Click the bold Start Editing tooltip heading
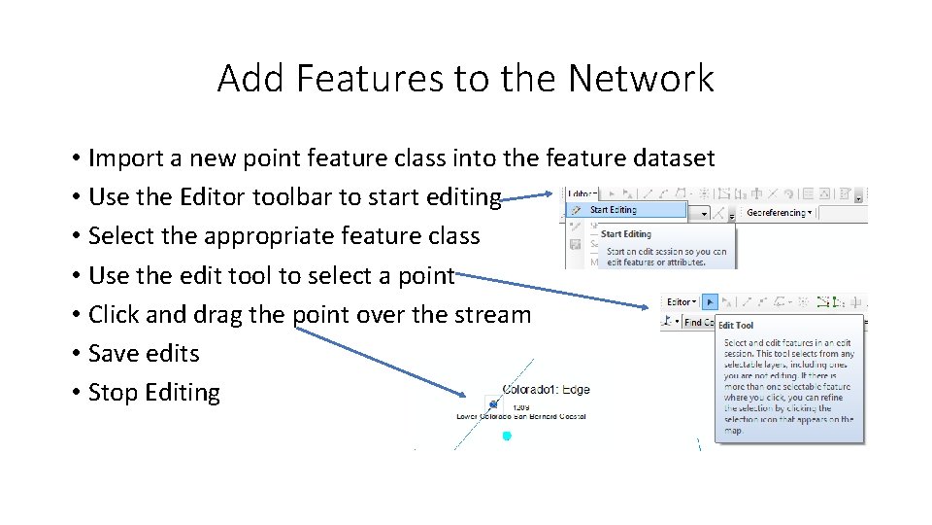pos(625,234)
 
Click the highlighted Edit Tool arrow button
pos(710,301)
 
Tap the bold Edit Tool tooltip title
pos(736,326)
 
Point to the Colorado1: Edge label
pos(546,390)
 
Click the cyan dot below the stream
pos(506,437)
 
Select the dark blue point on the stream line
pos(493,403)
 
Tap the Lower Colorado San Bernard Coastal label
pos(520,416)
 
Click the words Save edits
pos(144,354)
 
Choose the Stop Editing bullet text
pos(153,393)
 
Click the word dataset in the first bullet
pos(668,157)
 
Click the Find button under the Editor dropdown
pos(693,322)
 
